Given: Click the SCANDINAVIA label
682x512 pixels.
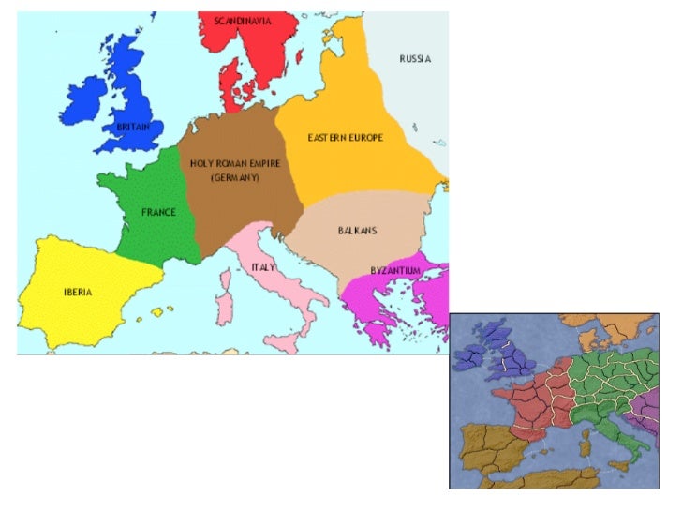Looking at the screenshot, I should point(242,21).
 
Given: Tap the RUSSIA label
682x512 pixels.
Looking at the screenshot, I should point(415,59).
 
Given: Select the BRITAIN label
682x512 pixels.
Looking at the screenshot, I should point(133,127).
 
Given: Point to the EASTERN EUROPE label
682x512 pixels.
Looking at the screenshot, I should point(346,138).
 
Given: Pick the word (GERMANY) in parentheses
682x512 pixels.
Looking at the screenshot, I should point(234,177).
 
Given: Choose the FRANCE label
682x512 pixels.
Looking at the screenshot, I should point(158,212).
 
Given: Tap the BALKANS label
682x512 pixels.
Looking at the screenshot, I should point(357,230).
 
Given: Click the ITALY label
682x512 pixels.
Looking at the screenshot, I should point(263,266).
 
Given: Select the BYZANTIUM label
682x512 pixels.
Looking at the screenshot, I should point(394,271).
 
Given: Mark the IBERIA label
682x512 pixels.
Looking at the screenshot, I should point(78,293).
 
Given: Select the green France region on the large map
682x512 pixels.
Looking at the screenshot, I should point(150,234).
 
